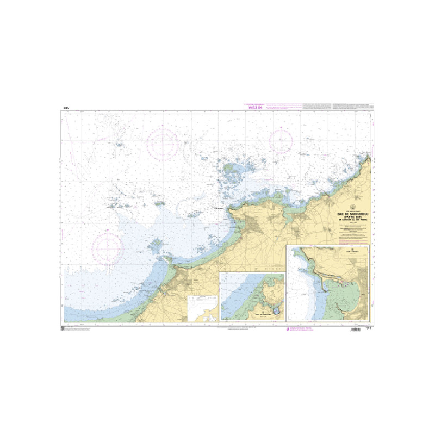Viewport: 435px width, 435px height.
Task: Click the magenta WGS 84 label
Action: (254, 108)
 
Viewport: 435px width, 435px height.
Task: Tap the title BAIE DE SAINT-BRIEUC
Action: (352, 214)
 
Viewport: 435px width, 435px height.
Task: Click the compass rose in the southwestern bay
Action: (107, 246)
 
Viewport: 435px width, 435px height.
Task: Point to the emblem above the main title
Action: (352, 207)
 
